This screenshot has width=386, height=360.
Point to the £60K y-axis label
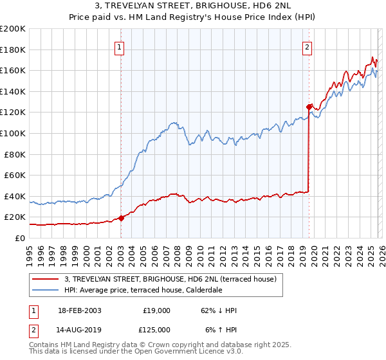(x=15, y=175)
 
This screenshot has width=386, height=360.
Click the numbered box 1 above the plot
(x=120, y=46)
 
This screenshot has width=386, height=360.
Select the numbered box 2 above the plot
(x=308, y=46)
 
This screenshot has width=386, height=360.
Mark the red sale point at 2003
(x=121, y=218)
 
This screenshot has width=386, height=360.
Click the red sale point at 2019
(x=309, y=107)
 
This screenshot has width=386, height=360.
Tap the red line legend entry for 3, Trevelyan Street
(x=170, y=279)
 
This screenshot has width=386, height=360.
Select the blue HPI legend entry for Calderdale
(x=151, y=290)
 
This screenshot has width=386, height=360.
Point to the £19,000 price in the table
(x=156, y=310)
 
